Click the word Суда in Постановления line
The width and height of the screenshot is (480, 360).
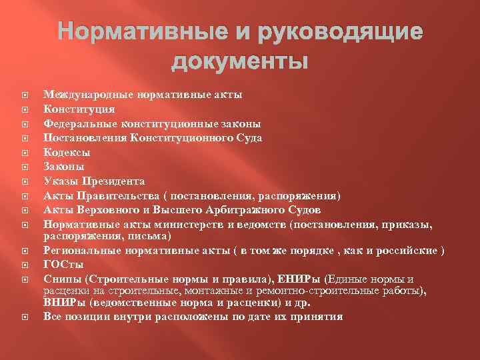pos(247,137)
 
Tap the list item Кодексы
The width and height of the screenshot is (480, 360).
pos(67,152)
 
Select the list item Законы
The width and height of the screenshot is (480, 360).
pos(64,167)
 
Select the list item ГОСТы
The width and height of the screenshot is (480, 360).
pos(63,264)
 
